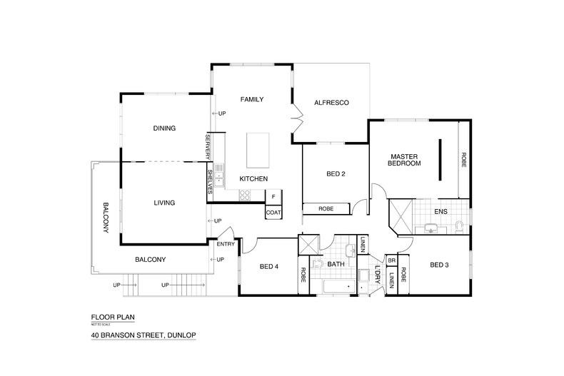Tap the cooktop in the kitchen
click(x=245, y=195)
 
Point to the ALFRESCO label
click(x=331, y=103)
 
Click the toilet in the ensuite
click(x=459, y=227)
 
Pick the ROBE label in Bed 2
click(x=326, y=209)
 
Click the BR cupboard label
click(x=391, y=260)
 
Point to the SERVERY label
click(x=208, y=146)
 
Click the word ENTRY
click(x=226, y=245)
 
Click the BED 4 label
click(x=268, y=266)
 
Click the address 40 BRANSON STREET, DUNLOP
click(x=143, y=335)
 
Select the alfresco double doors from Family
click(x=294, y=117)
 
